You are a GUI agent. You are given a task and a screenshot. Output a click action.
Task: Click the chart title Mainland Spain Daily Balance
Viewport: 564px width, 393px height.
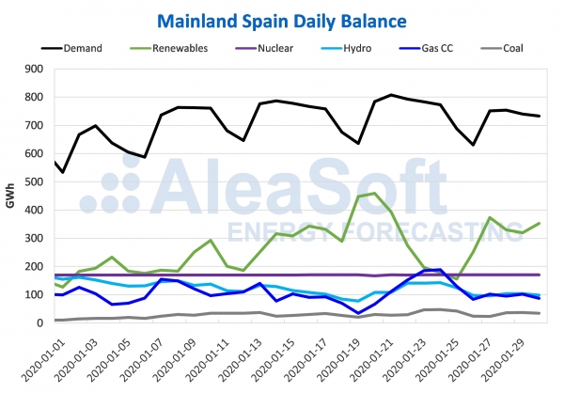(282, 20)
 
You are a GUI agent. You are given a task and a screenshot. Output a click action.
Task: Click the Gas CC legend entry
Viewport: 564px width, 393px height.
(446, 45)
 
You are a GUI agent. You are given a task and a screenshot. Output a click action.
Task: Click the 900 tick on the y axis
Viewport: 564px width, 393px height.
(37, 69)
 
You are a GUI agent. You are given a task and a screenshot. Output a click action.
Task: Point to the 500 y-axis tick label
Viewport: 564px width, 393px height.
(37, 181)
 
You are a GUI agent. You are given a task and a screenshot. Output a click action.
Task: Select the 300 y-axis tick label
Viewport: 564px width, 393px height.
(37, 238)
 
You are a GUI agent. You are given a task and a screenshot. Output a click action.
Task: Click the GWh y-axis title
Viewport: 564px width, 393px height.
(10, 196)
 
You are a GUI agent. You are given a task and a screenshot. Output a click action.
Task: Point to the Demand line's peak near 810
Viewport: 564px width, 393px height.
(391, 95)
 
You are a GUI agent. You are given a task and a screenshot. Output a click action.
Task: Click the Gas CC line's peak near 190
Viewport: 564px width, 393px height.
(440, 269)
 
